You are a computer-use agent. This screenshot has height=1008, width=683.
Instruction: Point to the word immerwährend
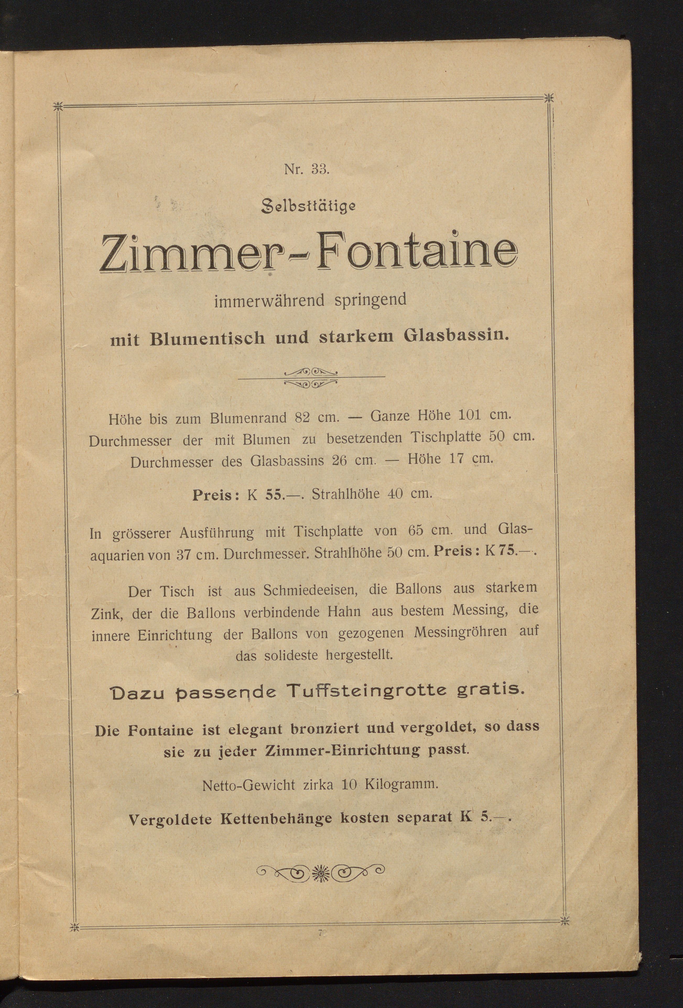click(269, 301)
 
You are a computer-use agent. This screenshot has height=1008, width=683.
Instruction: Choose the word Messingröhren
click(460, 631)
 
